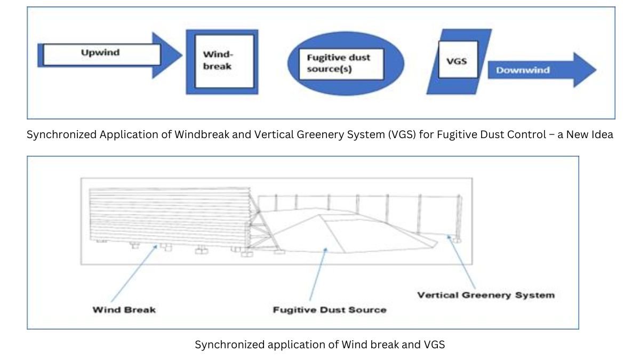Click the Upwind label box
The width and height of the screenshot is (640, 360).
[102, 54]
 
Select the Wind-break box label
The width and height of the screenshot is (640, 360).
[225, 61]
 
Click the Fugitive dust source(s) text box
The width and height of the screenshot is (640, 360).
[341, 64]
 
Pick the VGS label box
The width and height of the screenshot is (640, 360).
[458, 59]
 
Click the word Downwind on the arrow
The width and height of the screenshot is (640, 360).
[523, 70]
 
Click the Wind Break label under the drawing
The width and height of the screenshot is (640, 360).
[124, 310]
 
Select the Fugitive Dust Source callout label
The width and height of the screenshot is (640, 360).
[330, 310]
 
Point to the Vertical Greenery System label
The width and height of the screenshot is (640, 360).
[486, 295]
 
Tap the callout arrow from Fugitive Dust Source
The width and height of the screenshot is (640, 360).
[318, 274]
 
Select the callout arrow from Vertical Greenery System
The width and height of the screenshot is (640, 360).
[461, 262]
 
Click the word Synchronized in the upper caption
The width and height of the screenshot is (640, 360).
[61, 134]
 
